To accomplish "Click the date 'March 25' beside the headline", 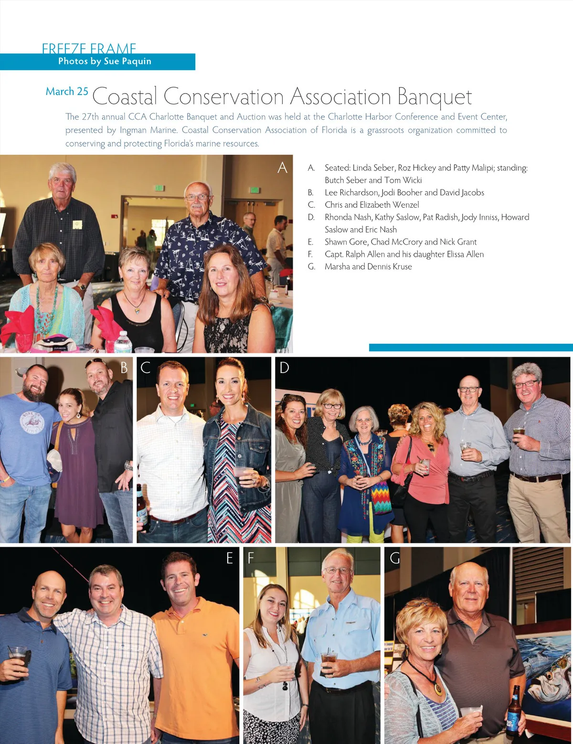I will point(67,91).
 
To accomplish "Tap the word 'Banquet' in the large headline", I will point(434,97).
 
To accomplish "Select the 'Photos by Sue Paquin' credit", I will point(105,61).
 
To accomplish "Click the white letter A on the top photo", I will point(282,168).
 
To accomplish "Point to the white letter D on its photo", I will point(284,368).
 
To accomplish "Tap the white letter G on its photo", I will point(394,558).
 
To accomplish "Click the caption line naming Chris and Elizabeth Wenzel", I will point(371,205).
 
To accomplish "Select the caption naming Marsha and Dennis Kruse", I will point(368,266).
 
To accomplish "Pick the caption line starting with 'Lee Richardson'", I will point(404,192).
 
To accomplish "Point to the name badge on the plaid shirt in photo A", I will point(77,224).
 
